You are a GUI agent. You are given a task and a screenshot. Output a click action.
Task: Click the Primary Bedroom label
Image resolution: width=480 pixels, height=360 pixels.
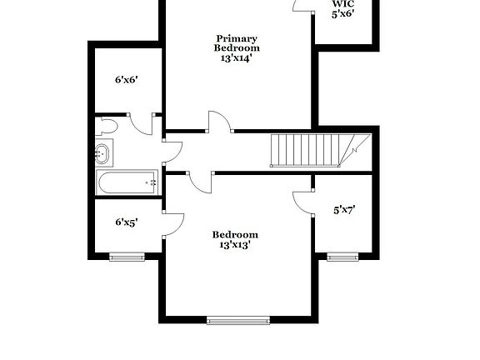pos(236,43)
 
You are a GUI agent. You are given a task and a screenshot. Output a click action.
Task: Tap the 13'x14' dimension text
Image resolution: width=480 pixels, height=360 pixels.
pos(236,58)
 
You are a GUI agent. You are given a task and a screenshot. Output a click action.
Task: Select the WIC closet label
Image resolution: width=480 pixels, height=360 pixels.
pos(343,3)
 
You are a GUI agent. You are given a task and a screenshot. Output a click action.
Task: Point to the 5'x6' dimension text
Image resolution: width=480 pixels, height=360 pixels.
pos(344,14)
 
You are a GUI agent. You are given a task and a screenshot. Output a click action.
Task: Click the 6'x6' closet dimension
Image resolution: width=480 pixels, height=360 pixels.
pos(126,81)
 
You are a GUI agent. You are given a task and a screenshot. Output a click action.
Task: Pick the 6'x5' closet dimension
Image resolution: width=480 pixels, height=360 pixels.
pos(126,222)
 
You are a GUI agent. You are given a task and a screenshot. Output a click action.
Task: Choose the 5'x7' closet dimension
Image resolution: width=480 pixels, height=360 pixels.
pos(344,211)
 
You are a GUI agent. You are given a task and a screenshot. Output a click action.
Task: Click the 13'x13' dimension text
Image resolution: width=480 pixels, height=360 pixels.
pos(235,245)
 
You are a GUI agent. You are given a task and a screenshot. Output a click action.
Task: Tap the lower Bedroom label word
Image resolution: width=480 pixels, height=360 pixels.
pos(235,234)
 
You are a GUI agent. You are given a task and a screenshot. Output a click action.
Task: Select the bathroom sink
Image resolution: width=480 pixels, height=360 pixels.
pos(102,153)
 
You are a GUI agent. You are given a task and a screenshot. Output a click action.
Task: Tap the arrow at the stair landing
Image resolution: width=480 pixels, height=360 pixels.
pos(354,151)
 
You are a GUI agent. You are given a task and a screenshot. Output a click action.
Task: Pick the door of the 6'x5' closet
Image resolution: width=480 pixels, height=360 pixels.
pos(173,222)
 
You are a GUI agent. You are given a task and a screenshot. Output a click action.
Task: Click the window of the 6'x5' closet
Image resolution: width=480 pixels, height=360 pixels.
pos(127,257)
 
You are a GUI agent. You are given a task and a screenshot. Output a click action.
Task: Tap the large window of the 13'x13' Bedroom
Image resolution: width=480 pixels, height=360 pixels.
pos(238,319)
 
